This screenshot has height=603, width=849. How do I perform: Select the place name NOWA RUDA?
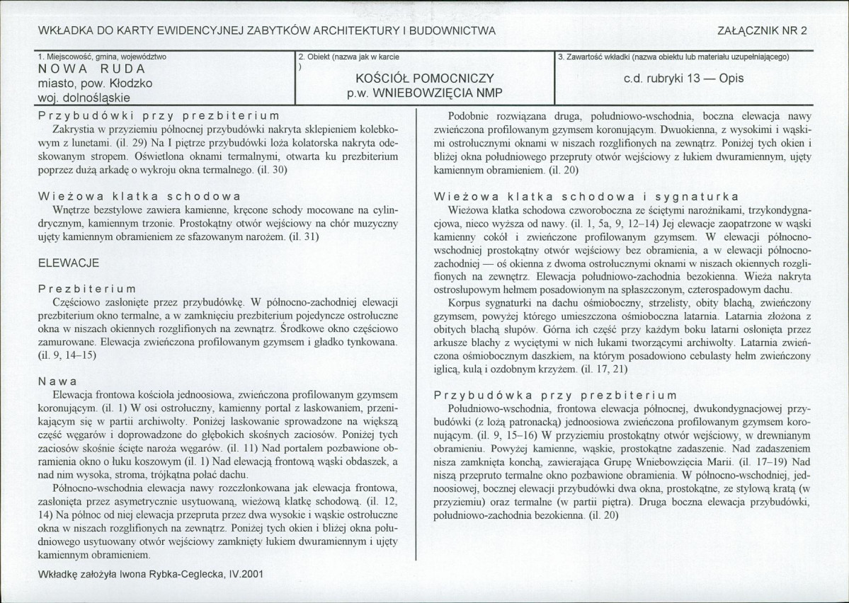click(92, 69)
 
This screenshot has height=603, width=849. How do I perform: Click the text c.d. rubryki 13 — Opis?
click(683, 79)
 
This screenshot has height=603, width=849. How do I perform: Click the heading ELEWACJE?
click(69, 263)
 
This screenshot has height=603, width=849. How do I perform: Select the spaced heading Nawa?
click(58, 381)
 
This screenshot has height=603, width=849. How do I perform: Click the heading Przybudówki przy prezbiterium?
click(159, 116)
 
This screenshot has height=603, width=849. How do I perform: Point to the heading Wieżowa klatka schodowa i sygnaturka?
click(587, 196)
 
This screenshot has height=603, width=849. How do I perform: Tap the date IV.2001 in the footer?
click(242, 575)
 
